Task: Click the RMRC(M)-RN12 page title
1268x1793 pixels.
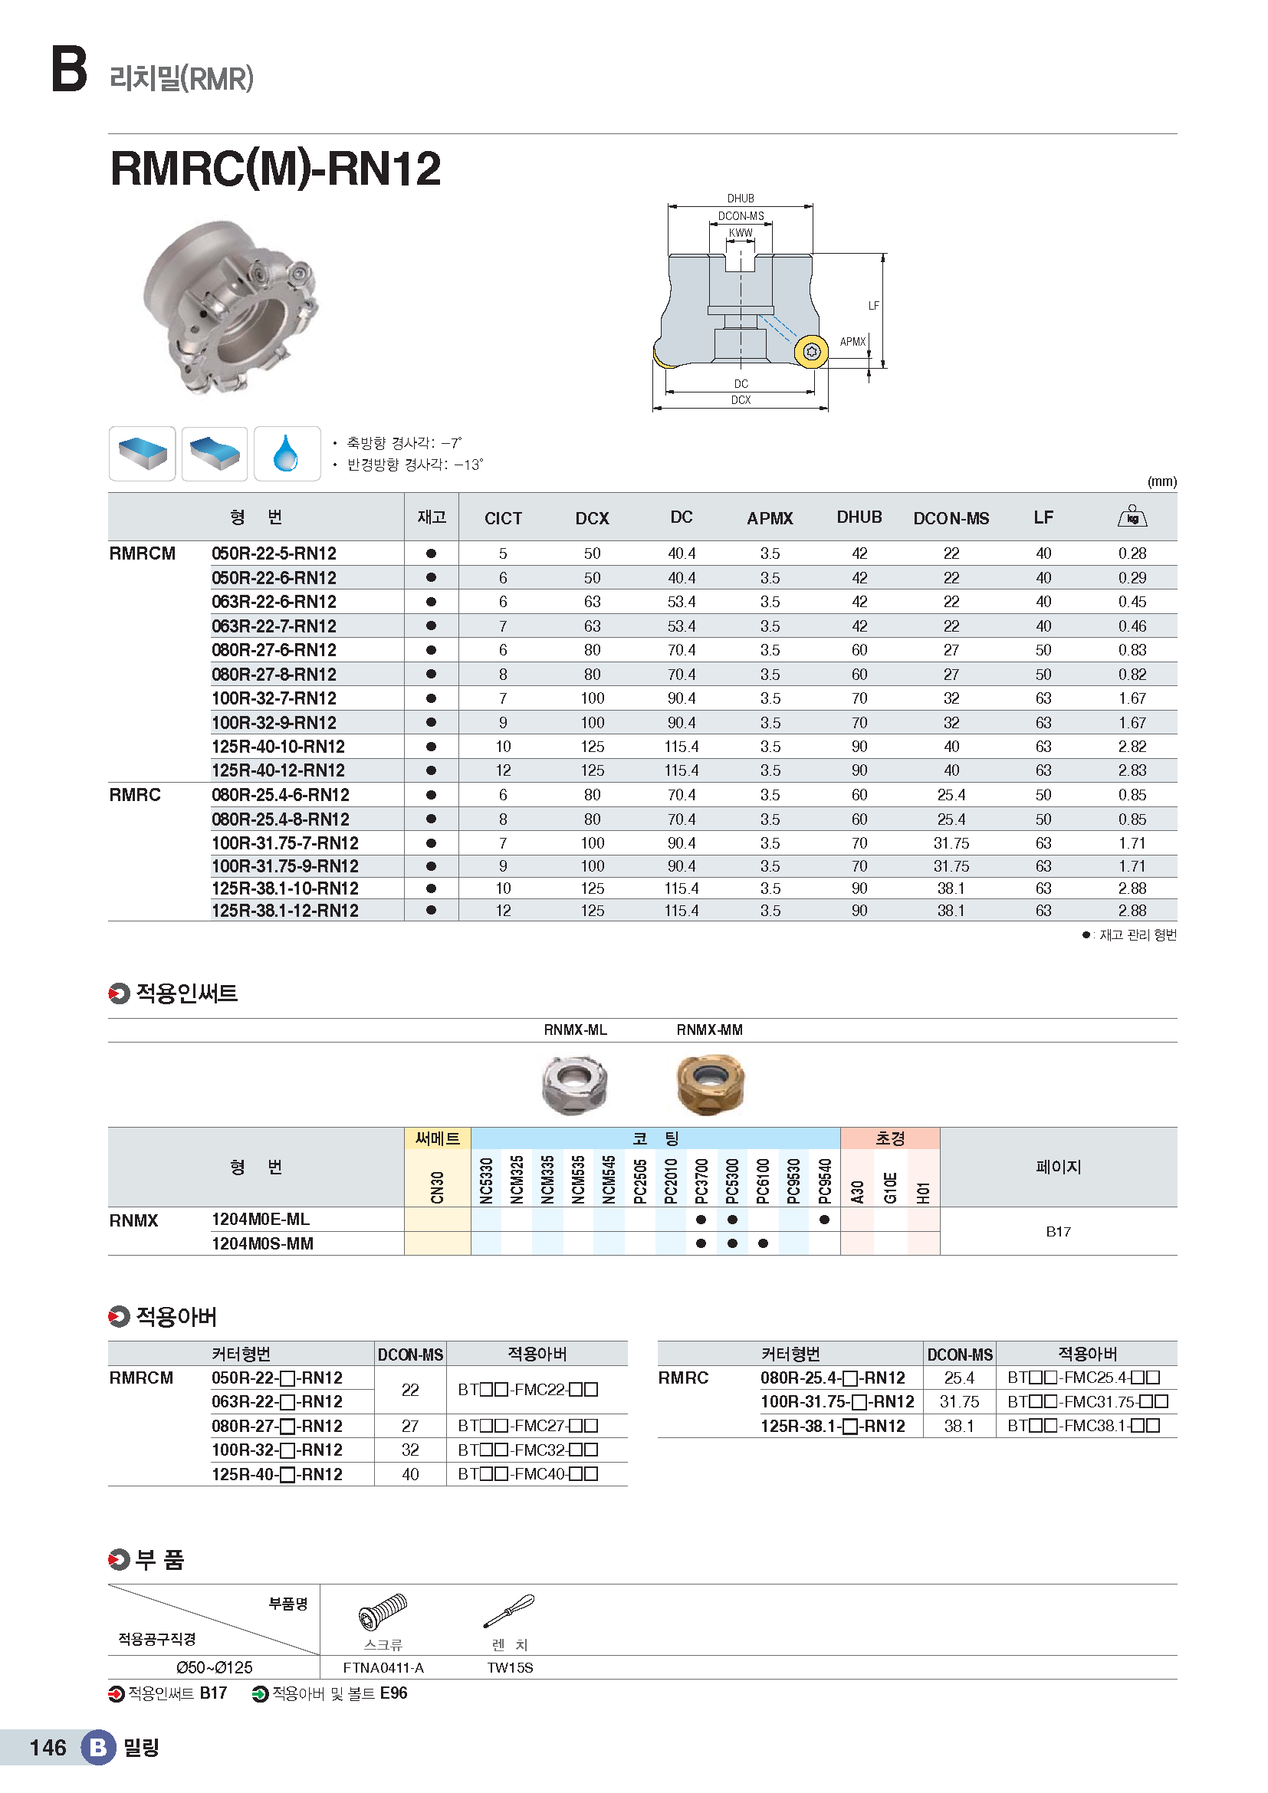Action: tap(276, 169)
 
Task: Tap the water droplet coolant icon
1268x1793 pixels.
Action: tap(287, 453)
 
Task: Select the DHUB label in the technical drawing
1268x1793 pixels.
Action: tap(741, 199)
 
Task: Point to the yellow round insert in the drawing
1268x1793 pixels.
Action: tap(810, 351)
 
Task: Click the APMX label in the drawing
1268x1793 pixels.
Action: tap(852, 341)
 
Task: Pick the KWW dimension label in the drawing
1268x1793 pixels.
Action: tap(741, 233)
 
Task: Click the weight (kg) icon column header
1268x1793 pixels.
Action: tap(1132, 516)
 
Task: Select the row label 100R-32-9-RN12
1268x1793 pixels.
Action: tap(274, 722)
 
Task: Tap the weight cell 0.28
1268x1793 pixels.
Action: tap(1132, 553)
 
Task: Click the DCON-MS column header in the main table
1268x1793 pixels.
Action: tap(950, 517)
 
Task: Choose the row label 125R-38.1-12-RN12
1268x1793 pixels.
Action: tap(285, 911)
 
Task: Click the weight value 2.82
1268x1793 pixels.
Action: tap(1132, 747)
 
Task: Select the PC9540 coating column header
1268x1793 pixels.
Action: tap(823, 1180)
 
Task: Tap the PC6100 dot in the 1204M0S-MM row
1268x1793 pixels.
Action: tap(763, 1243)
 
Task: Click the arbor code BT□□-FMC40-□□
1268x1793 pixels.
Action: tap(527, 1473)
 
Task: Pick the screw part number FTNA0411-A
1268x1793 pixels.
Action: tap(383, 1667)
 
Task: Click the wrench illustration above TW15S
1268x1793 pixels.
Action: tap(509, 1611)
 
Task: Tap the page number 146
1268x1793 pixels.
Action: tap(48, 1747)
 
